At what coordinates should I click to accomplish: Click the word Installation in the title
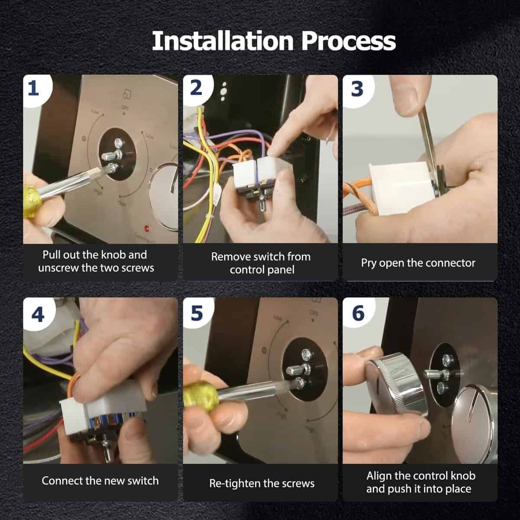(x=223, y=41)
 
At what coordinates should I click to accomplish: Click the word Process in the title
(x=349, y=41)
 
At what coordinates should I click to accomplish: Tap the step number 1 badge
(x=35, y=89)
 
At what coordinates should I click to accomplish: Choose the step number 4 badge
(x=38, y=314)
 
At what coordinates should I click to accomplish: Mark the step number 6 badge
(x=358, y=313)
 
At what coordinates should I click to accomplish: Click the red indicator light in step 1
(x=147, y=229)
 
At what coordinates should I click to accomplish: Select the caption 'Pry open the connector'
(x=418, y=263)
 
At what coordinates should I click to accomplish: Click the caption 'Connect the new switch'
(x=100, y=481)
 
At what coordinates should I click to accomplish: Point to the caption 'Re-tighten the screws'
(x=262, y=484)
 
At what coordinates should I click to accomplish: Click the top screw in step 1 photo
(x=119, y=142)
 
